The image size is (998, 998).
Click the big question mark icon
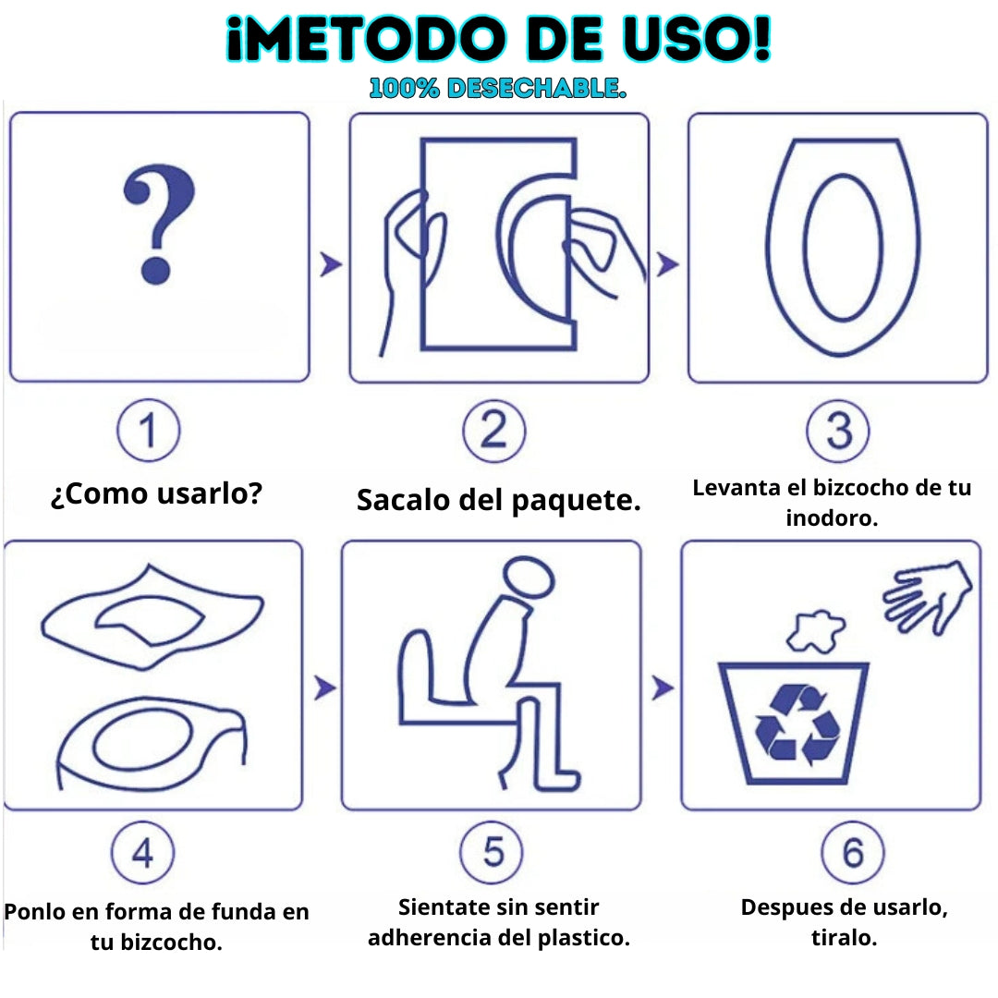[x=159, y=223]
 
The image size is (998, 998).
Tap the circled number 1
[x=148, y=431]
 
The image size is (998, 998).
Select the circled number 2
[x=493, y=431]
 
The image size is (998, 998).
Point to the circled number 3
[x=837, y=431]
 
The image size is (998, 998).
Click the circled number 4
[x=142, y=853]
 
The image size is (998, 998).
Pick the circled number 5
[x=492, y=852]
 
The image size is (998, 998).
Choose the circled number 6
[x=853, y=852]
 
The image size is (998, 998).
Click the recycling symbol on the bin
[x=797, y=725]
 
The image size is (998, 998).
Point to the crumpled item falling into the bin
[x=816, y=631]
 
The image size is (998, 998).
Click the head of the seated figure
[x=529, y=576]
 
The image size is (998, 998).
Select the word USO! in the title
[x=697, y=40]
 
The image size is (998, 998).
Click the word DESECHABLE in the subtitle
[x=537, y=89]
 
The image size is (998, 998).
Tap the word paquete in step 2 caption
[x=576, y=501]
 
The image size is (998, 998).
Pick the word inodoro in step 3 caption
[x=832, y=518]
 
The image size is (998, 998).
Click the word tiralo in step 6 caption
[x=844, y=938]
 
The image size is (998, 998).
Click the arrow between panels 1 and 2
[x=331, y=264]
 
